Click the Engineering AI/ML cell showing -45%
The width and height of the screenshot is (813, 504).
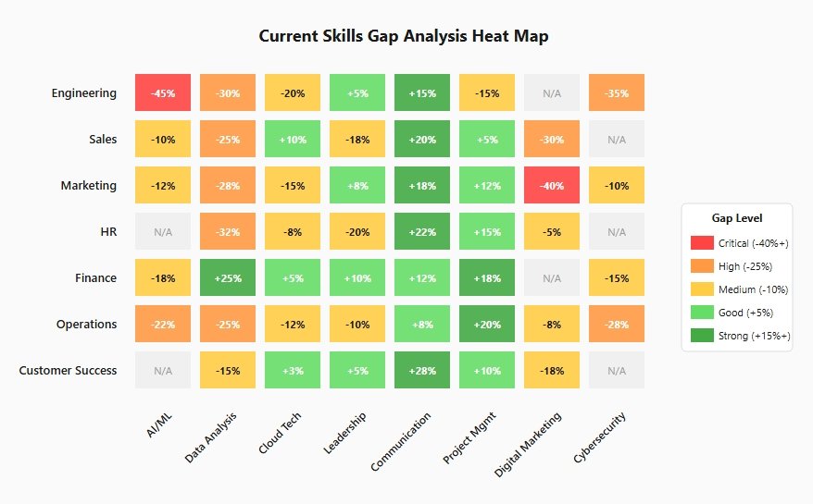click(x=163, y=92)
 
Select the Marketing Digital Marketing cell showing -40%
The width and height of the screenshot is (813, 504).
click(x=552, y=185)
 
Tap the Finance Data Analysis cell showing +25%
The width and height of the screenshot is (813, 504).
click(x=228, y=277)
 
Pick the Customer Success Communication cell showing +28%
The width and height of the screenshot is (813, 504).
click(x=422, y=370)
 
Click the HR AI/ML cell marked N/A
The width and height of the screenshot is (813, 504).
click(x=163, y=231)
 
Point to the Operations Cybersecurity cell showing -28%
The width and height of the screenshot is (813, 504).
click(x=617, y=324)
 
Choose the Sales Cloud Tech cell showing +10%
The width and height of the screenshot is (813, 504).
click(x=293, y=139)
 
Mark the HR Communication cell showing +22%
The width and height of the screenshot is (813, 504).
click(x=422, y=231)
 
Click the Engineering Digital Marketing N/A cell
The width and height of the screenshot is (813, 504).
click(x=552, y=92)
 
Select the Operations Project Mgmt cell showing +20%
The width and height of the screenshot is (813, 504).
click(x=487, y=324)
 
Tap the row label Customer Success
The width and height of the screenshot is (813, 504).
click(x=68, y=370)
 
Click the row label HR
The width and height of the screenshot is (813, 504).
click(x=108, y=231)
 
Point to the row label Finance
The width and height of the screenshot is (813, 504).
click(x=95, y=277)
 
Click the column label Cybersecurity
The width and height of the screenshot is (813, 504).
click(x=599, y=437)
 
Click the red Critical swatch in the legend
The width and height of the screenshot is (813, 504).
click(x=702, y=242)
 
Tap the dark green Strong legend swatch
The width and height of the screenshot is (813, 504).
click(x=702, y=335)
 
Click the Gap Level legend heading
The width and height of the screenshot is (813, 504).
click(x=737, y=218)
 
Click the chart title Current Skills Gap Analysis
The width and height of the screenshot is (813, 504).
click(x=404, y=36)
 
